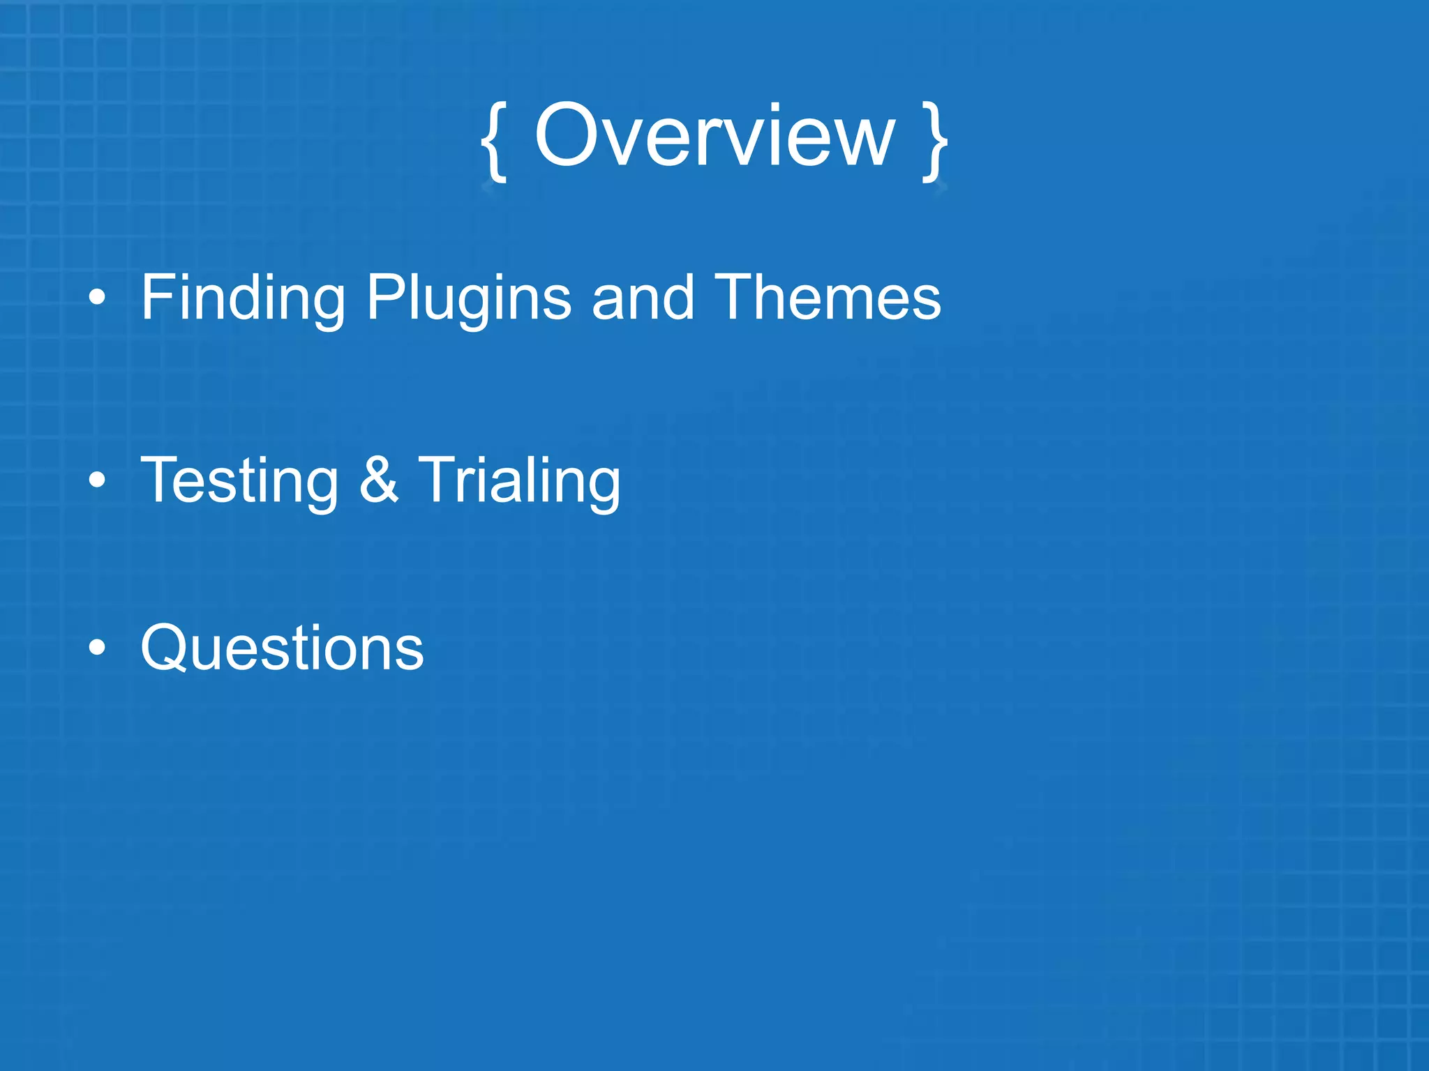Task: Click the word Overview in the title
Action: point(714,136)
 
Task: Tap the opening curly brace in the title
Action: point(494,142)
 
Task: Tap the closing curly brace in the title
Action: point(935,142)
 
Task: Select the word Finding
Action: point(242,298)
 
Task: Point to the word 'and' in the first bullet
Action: point(643,298)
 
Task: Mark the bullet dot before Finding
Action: point(98,298)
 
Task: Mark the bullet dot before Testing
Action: point(98,480)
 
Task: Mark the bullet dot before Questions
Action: point(98,647)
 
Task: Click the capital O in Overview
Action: point(571,136)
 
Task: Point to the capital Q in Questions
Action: point(167,647)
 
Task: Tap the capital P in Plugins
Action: point(386,297)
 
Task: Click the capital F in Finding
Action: point(158,297)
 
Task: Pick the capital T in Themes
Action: point(737,297)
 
